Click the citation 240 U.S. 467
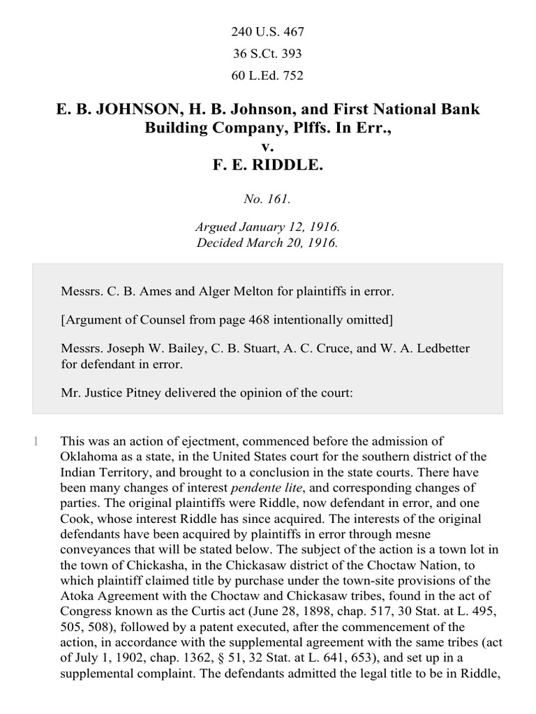[x=267, y=32]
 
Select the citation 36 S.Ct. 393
[x=267, y=54]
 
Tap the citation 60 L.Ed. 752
[x=267, y=75]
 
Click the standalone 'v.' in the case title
[x=267, y=147]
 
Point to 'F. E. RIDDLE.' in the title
[x=267, y=167]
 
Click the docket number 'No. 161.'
[x=267, y=199]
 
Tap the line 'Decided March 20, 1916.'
[x=267, y=243]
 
